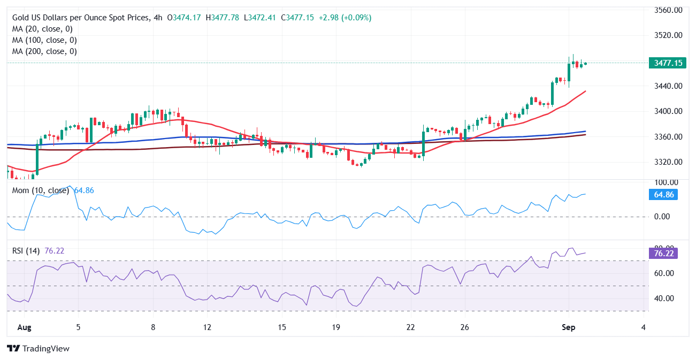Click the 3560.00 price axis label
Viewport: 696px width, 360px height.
[x=668, y=10]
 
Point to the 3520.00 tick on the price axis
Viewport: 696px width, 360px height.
[x=668, y=35]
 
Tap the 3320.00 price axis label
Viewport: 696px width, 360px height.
[x=668, y=162]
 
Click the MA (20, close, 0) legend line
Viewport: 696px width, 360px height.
[x=42, y=29]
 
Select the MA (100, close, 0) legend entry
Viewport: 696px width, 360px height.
[x=44, y=40]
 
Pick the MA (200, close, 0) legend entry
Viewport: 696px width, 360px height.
[x=44, y=51]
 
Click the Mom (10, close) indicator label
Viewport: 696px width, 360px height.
[x=41, y=190]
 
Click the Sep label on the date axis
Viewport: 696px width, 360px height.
[x=568, y=327]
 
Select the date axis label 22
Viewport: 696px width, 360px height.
[x=410, y=327]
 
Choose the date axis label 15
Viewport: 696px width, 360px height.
[x=282, y=327]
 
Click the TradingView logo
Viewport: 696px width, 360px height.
[x=39, y=348]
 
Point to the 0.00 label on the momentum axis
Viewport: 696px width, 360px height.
[x=662, y=217]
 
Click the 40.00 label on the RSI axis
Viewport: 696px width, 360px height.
[x=663, y=298]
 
